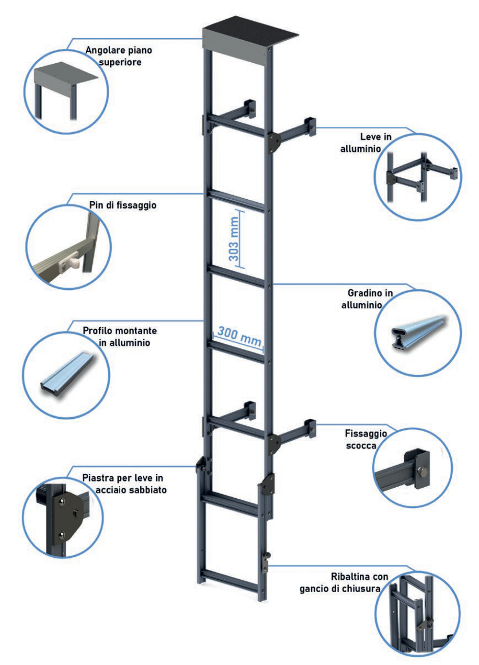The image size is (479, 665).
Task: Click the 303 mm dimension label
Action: (x=234, y=239)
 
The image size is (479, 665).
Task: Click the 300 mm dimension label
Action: (x=239, y=336)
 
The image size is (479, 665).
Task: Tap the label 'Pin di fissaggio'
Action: (x=123, y=205)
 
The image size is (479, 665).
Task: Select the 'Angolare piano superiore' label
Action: (x=119, y=56)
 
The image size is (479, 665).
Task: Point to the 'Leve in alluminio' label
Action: (x=366, y=142)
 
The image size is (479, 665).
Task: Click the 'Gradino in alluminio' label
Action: (x=367, y=299)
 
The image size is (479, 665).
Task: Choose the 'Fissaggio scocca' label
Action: (x=366, y=439)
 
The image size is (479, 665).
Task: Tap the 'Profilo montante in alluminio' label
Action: (x=120, y=337)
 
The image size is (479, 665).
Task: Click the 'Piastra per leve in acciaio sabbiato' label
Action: (x=125, y=484)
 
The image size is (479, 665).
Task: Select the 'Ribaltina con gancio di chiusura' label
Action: (x=344, y=583)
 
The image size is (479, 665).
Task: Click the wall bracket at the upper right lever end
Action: (x=310, y=127)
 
